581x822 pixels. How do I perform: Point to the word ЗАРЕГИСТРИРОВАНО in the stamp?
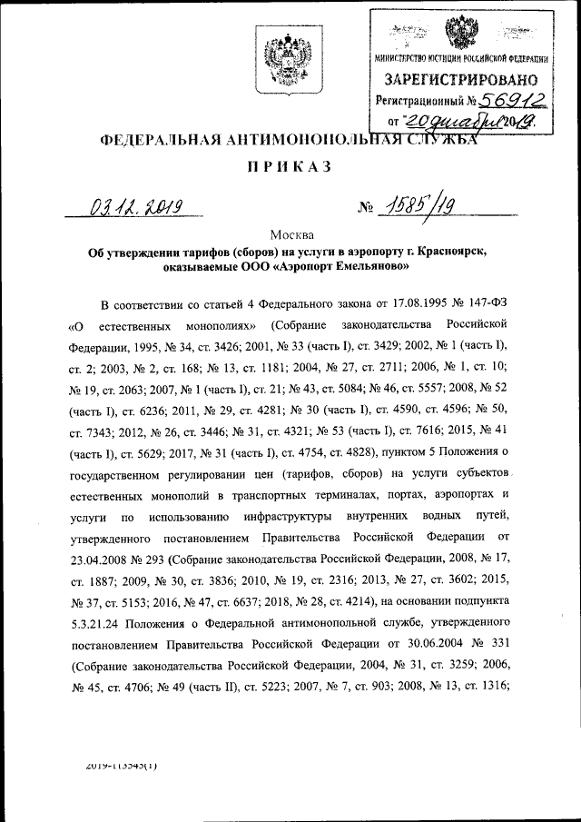click(x=462, y=80)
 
